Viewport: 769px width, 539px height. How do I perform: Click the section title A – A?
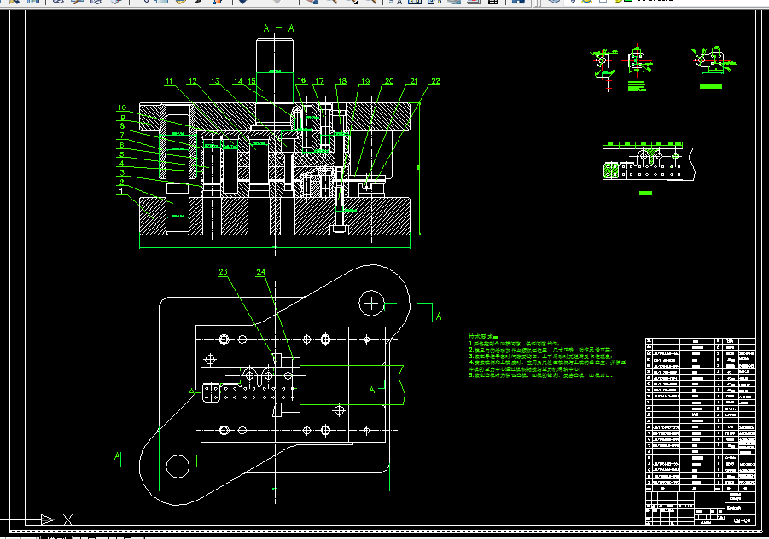click(x=278, y=28)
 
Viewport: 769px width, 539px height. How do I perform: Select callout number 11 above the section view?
click(x=169, y=82)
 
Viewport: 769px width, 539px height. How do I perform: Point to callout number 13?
click(x=216, y=82)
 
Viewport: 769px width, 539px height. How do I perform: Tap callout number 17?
click(x=319, y=82)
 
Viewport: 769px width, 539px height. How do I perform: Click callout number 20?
click(x=389, y=82)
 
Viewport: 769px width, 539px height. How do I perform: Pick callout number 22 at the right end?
click(x=435, y=82)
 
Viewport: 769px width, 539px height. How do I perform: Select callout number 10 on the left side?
click(x=122, y=107)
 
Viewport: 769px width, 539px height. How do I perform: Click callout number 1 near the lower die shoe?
click(x=122, y=192)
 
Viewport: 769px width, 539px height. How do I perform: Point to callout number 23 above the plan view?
click(x=224, y=273)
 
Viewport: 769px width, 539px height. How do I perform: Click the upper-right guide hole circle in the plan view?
click(x=371, y=302)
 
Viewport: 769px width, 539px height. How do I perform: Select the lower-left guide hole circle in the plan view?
click(x=178, y=466)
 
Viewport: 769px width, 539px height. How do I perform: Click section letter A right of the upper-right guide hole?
click(x=439, y=316)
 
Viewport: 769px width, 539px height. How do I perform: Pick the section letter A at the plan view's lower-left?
click(x=118, y=457)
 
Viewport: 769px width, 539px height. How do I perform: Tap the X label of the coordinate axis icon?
click(x=68, y=519)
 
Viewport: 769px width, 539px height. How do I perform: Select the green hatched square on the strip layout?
click(x=612, y=170)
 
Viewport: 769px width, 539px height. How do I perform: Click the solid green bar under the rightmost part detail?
click(x=710, y=86)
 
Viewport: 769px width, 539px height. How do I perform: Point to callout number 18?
click(x=342, y=82)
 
